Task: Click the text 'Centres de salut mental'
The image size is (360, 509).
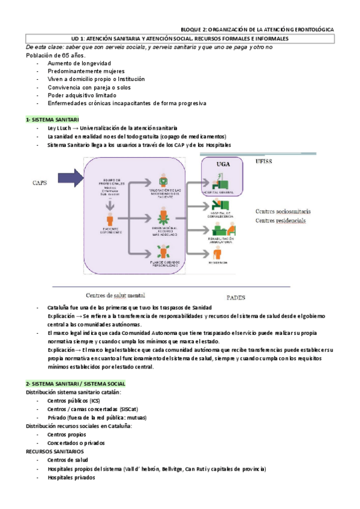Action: (x=116, y=295)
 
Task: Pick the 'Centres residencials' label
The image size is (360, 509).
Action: (x=281, y=220)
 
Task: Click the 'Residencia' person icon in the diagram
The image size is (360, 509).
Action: (x=217, y=251)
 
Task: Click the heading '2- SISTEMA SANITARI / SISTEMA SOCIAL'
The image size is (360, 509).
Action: (x=75, y=383)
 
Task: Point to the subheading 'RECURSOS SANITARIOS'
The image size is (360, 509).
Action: (x=55, y=451)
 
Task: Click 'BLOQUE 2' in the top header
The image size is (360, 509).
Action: (x=197, y=29)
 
